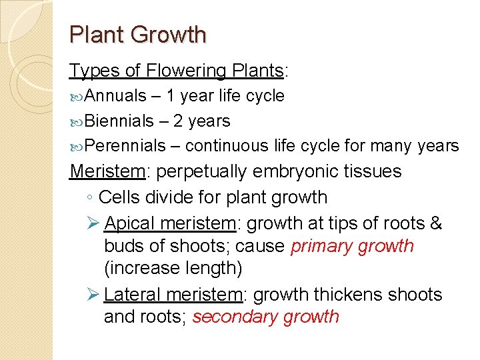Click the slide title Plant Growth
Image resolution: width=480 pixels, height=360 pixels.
click(138, 35)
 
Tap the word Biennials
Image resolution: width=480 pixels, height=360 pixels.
click(120, 121)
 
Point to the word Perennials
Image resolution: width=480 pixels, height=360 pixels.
click(125, 146)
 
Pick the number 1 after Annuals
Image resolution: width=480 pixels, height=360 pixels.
click(171, 96)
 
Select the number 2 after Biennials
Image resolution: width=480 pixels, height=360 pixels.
click(179, 121)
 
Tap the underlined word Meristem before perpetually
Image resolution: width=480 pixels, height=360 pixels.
click(107, 171)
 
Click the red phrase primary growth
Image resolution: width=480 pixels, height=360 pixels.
click(352, 246)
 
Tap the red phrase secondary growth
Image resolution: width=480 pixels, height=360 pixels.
click(265, 317)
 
